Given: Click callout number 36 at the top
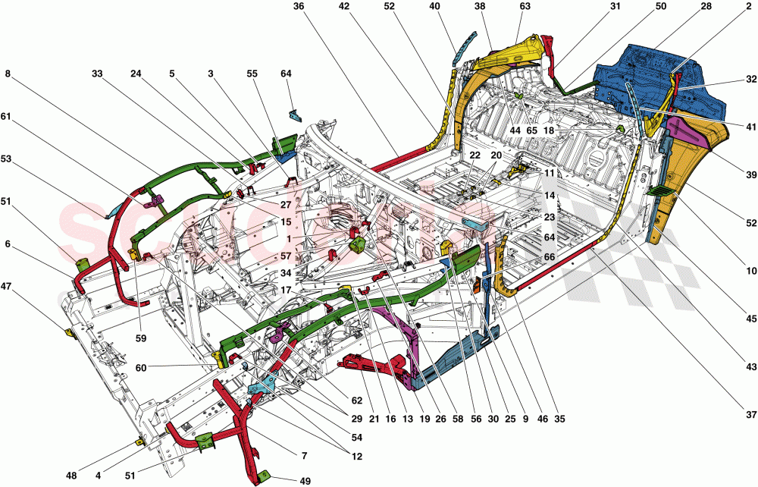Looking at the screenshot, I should pos(298,7).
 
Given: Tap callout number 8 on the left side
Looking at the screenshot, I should pos(8,74).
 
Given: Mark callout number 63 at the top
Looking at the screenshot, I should pos(525,7).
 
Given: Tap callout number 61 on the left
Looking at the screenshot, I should pos(8,117).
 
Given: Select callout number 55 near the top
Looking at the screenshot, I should pos(252,74).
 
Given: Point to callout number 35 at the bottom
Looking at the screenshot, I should pos(560,418).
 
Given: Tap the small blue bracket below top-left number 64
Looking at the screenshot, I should pos(296,116).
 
